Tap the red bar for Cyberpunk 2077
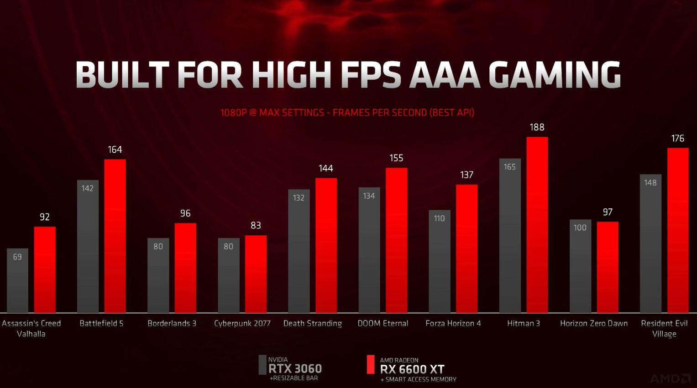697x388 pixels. pyautogui.click(x=256, y=274)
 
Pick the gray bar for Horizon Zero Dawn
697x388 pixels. pyautogui.click(x=580, y=266)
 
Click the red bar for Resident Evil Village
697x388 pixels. pyautogui.click(x=678, y=230)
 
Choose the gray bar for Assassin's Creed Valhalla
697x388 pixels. pyautogui.click(x=17, y=280)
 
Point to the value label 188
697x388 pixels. pyautogui.click(x=537, y=127)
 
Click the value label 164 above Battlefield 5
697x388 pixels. pyautogui.click(x=115, y=150)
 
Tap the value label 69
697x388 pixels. pyautogui.click(x=17, y=257)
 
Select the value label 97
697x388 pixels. pyautogui.click(x=608, y=212)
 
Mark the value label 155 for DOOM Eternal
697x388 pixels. pyautogui.click(x=396, y=158)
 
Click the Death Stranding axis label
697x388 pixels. pyautogui.click(x=312, y=323)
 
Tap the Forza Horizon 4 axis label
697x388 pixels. pyautogui.click(x=453, y=323)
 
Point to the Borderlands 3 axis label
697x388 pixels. pyautogui.click(x=172, y=323)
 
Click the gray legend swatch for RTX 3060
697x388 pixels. pyautogui.click(x=262, y=365)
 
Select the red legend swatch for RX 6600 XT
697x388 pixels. pyautogui.click(x=371, y=365)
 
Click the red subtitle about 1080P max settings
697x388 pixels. pyautogui.click(x=347, y=112)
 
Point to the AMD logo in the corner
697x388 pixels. pyautogui.click(x=670, y=378)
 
